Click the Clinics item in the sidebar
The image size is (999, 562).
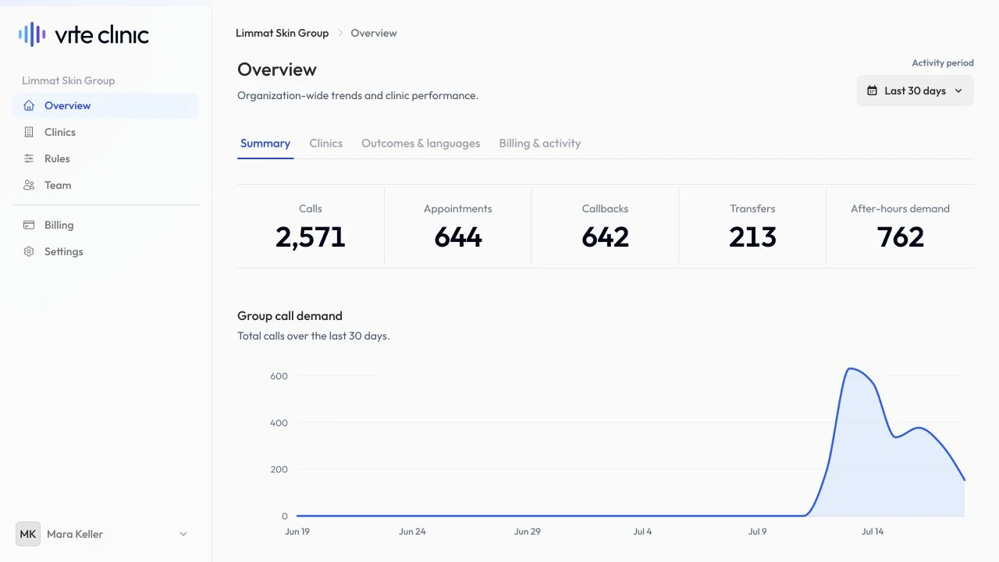pyautogui.click(x=60, y=132)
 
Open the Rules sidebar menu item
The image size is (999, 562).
pyautogui.click(x=57, y=158)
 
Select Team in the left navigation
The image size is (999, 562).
pyautogui.click(x=58, y=185)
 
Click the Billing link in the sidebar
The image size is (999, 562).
pyautogui.click(x=59, y=225)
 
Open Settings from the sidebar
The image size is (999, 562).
pyautogui.click(x=63, y=251)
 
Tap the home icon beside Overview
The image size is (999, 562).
pyautogui.click(x=29, y=105)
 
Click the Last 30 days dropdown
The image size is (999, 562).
pyautogui.click(x=915, y=91)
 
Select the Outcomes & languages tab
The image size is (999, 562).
pyautogui.click(x=421, y=143)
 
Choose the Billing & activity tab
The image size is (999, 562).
pyautogui.click(x=539, y=143)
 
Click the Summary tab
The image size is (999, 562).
pyautogui.click(x=265, y=143)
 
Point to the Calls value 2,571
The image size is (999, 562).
pyautogui.click(x=311, y=237)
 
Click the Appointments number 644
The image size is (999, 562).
pyautogui.click(x=458, y=237)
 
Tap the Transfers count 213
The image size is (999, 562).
pyautogui.click(x=752, y=237)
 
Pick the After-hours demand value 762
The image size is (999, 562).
pyautogui.click(x=900, y=237)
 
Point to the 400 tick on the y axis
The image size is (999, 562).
pyautogui.click(x=279, y=423)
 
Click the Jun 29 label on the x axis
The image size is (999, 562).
pyautogui.click(x=527, y=532)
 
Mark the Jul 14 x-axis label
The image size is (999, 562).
pyautogui.click(x=873, y=532)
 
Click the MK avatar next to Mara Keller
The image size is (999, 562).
pyautogui.click(x=28, y=534)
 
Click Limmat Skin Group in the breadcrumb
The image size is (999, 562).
pyautogui.click(x=283, y=33)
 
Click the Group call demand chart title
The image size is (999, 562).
pyautogui.click(x=290, y=316)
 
